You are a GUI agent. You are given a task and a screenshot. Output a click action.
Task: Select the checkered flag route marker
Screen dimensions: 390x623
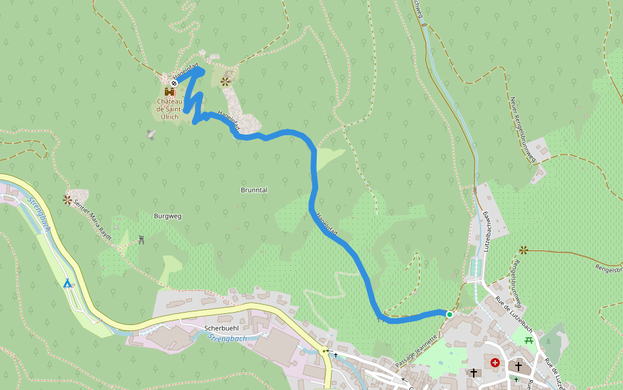pos(175,83)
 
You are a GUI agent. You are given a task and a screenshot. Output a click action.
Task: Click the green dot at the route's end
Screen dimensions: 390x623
pos(449,314)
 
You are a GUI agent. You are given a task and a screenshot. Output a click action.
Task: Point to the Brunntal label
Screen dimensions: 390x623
pos(254,190)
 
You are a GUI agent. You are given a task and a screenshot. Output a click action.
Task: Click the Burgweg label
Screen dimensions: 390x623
pos(167,215)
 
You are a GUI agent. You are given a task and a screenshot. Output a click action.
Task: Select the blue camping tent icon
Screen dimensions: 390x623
pos(67,283)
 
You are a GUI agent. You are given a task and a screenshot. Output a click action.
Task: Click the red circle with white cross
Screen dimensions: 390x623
pos(496,363)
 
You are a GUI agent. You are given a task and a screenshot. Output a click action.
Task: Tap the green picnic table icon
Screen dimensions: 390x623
pos(530,340)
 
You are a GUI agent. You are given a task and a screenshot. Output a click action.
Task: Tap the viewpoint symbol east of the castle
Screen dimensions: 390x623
pos(225,82)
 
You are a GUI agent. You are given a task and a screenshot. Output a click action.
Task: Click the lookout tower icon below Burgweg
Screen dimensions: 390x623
pos(141,239)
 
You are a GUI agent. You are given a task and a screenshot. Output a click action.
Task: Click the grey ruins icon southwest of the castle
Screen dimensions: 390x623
pos(151,135)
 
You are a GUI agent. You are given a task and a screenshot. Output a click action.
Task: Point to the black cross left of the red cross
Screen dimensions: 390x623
pos(474,372)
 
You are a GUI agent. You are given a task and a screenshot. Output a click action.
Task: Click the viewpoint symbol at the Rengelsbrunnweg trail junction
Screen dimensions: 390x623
pos(523,250)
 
